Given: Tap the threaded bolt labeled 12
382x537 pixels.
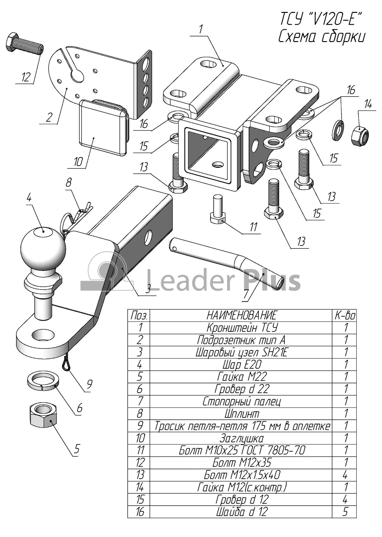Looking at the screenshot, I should coord(24,45).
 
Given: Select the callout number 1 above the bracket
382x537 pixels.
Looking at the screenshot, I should coord(201,29).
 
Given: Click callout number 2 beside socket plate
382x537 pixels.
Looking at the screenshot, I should coord(49,118).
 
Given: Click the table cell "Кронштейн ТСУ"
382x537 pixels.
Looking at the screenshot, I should coord(241,328).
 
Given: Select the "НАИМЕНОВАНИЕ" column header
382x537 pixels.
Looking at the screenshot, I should coord(241,315).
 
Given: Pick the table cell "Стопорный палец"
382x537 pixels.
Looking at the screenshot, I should coord(241,401).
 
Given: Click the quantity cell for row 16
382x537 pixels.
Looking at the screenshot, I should coord(345,512).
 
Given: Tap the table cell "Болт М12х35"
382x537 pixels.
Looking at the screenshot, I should coord(241,462).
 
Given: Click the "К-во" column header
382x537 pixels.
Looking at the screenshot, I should coord(345,315).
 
